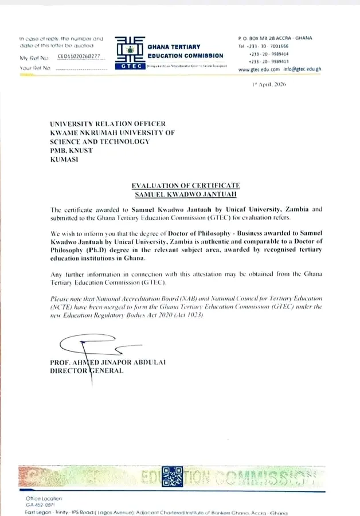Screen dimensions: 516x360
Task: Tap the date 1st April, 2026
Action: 268,84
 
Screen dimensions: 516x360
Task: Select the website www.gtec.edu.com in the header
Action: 259,69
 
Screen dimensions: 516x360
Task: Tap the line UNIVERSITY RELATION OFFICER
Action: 108,124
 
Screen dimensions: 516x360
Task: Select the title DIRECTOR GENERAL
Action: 87,372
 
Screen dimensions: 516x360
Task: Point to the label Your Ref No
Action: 36,68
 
